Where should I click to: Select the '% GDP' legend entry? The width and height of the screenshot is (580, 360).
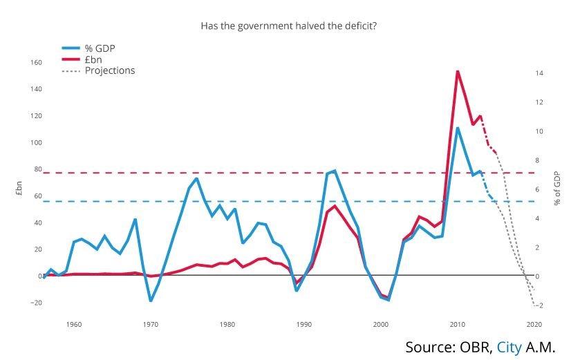pyautogui.click(x=100, y=48)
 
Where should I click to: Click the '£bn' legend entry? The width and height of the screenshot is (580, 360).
pyautogui.click(x=94, y=59)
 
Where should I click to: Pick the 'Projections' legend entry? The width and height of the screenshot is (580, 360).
pyautogui.click(x=109, y=70)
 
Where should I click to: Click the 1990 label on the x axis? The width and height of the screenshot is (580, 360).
pyautogui.click(x=303, y=324)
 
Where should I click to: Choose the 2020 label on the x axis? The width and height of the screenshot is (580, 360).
pyautogui.click(x=533, y=324)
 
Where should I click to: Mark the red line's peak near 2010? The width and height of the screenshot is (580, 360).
pyautogui.click(x=457, y=71)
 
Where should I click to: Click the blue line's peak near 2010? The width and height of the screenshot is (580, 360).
pyautogui.click(x=457, y=128)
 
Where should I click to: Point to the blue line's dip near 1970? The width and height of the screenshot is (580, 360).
pyautogui.click(x=151, y=301)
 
